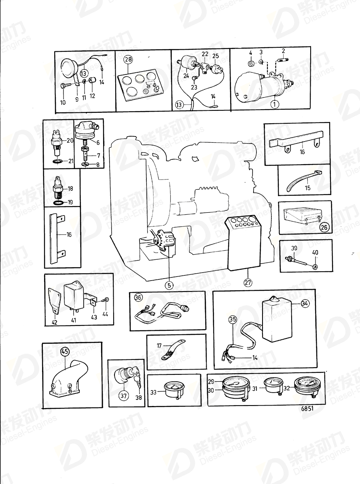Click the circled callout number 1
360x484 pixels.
[274, 104]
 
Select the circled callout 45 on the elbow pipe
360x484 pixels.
[65, 352]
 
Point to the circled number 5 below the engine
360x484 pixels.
[169, 285]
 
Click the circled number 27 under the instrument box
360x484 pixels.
[248, 283]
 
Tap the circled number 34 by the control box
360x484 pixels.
[305, 304]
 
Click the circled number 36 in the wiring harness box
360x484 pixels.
[138, 298]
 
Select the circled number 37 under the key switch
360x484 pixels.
[123, 396]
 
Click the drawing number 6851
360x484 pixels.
[307, 408]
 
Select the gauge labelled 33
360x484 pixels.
[174, 389]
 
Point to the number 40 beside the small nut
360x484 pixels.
[315, 252]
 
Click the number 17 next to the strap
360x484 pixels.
[159, 346]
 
